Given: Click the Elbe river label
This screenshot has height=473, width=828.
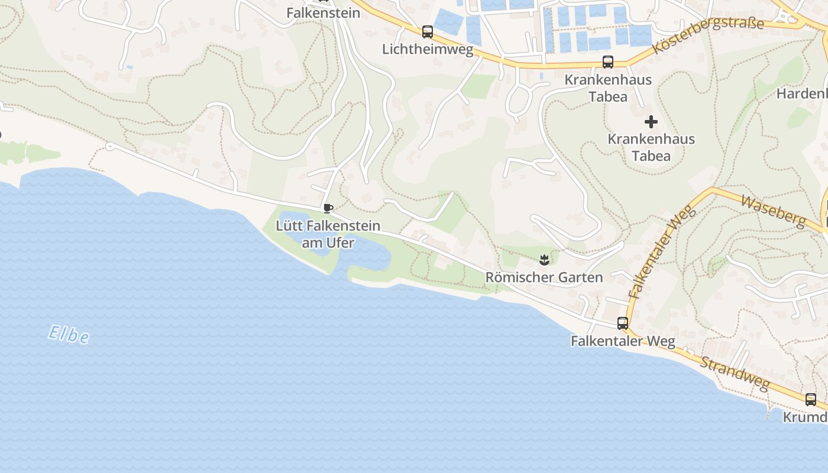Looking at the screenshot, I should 69,335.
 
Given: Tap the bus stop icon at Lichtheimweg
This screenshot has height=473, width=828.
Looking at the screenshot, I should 427,32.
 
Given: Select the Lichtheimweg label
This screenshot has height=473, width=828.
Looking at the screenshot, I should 428,49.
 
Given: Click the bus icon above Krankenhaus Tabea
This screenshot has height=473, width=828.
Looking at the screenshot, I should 607,61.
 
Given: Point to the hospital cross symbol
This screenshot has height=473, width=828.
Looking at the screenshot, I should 651,122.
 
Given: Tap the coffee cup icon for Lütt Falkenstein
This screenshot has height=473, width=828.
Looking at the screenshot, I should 328,208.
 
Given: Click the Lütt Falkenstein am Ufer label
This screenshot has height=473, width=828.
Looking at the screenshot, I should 328,234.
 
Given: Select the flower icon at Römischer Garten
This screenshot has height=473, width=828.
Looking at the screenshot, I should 544,259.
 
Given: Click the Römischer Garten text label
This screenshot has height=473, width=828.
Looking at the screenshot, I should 544,277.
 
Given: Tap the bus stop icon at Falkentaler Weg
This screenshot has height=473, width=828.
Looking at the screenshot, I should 622,323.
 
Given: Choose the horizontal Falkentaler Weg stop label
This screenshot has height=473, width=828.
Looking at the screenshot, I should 622,341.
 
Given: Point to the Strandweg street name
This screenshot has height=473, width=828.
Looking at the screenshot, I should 735,372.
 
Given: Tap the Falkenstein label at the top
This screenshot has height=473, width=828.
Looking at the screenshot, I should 323,12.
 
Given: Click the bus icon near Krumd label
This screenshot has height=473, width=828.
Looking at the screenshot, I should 810,400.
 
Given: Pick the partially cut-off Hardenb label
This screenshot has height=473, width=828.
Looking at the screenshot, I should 802,93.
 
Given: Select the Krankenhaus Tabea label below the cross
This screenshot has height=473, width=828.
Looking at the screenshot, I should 651,147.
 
